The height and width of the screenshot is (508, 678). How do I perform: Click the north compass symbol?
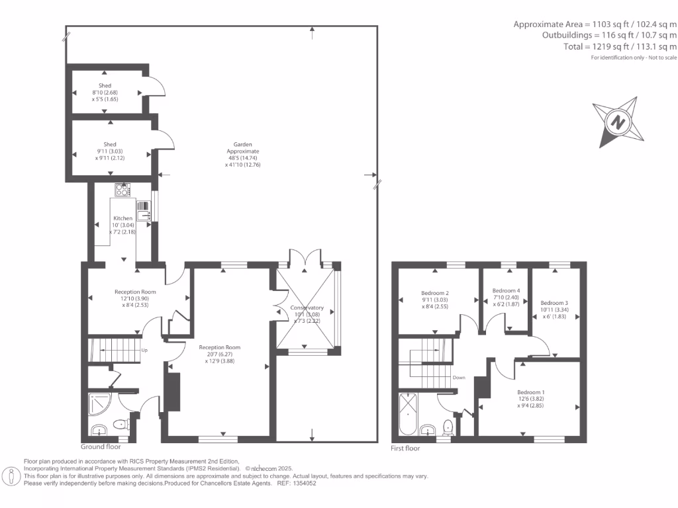[618, 122]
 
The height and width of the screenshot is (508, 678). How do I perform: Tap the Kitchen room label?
[122, 218]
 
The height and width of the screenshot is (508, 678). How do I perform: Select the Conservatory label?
[307, 308]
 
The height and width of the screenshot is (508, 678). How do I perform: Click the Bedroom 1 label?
[531, 391]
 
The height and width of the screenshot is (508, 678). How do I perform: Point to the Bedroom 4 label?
[506, 290]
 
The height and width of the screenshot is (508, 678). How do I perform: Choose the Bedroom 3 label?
[554, 303]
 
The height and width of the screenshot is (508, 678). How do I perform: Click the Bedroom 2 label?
[435, 293]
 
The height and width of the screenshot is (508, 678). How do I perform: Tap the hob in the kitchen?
[122, 190]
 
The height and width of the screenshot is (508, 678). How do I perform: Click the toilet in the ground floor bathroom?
[121, 424]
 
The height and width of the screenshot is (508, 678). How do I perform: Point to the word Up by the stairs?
[144, 350]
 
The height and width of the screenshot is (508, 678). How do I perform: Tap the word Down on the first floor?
[459, 378]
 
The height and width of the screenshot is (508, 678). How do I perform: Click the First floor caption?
[405, 448]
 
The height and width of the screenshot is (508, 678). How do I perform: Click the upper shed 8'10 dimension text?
[105, 93]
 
